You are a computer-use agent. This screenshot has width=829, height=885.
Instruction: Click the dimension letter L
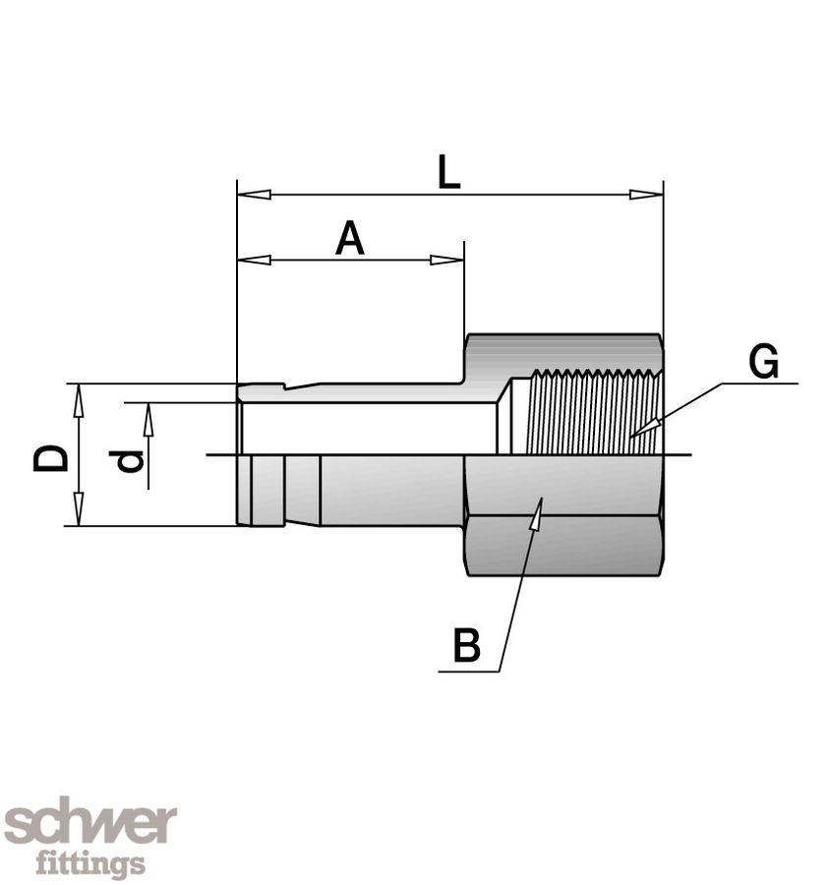pos(448,173)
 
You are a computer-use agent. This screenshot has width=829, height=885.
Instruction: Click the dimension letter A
pos(349,239)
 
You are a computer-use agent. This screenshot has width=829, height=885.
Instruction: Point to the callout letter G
pos(763,362)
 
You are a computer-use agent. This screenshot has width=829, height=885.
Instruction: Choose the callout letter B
pos(467,646)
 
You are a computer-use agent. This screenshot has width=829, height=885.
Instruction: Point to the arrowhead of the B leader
pos(537,509)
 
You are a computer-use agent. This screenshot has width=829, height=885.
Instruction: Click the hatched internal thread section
pos(590,413)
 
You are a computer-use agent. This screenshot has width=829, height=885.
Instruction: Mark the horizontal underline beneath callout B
pos(469,672)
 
